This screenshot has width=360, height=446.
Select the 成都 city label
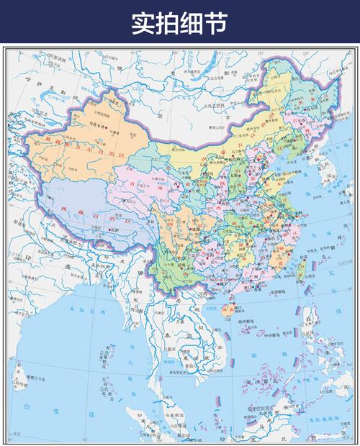(x=175, y=229)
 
